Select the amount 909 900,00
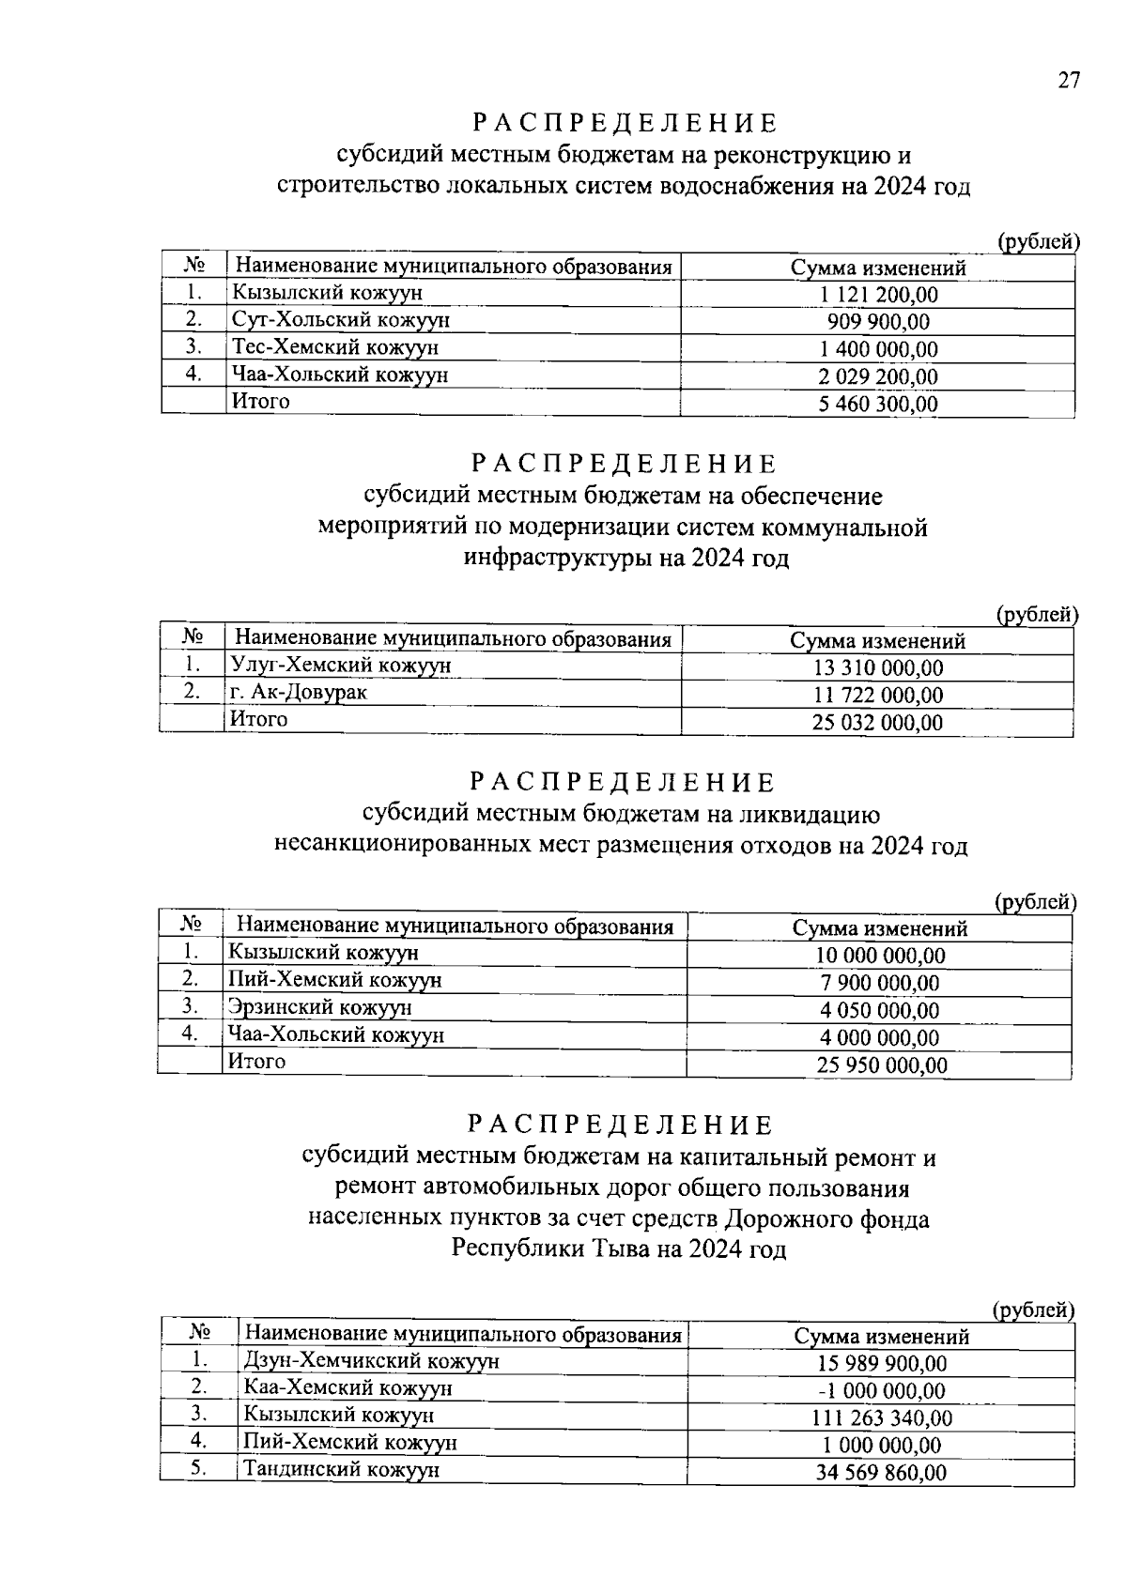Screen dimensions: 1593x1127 click(x=878, y=322)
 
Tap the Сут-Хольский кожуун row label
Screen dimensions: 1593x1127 click(x=341, y=320)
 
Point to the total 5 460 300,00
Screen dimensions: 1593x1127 click(x=878, y=405)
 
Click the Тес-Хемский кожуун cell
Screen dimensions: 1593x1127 click(x=335, y=347)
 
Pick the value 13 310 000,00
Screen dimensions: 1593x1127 click(x=878, y=668)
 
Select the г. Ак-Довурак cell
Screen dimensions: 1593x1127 click(x=299, y=693)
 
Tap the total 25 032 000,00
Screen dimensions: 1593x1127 click(x=878, y=723)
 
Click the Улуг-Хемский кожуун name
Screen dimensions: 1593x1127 click(x=341, y=666)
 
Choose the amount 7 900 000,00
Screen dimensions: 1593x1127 click(x=879, y=984)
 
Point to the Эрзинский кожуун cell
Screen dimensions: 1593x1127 click(x=320, y=1008)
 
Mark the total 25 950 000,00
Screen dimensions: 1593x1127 click(x=879, y=1065)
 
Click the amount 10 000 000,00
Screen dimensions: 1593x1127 click(x=879, y=957)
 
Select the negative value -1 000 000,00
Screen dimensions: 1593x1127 click(x=879, y=1391)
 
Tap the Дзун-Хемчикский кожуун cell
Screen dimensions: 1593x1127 click(x=371, y=1361)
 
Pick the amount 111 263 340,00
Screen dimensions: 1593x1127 click(x=881, y=1418)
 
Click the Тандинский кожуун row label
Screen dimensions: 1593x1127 click(x=341, y=1470)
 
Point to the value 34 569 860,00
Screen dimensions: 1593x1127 click(x=881, y=1473)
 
